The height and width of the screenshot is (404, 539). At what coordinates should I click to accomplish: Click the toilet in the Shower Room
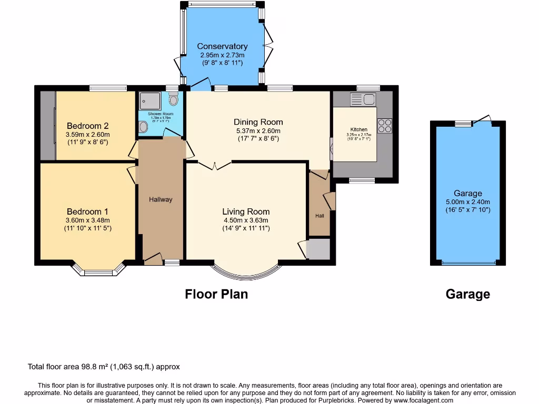point(174,99)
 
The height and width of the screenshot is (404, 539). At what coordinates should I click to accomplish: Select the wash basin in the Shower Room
point(143,126)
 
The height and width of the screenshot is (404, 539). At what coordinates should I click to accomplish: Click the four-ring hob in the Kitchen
point(384,126)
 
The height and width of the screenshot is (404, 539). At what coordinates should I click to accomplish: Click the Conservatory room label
point(222,46)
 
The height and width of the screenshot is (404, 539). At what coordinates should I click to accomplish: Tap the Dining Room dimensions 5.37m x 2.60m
point(258,131)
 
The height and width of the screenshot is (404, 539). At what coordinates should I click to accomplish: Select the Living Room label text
point(246,212)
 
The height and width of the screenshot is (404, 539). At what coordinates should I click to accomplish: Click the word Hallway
point(161,199)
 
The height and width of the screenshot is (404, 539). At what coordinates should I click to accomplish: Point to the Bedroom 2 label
point(87,126)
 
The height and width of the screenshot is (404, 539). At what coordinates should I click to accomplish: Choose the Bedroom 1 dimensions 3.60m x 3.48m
point(87,220)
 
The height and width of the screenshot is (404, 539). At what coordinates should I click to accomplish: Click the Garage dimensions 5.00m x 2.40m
point(468,202)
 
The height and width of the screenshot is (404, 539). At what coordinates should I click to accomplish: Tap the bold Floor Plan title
point(216,294)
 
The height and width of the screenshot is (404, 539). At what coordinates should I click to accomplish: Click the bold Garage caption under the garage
point(467,295)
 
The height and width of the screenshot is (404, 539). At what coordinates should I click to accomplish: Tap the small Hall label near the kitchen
point(320,216)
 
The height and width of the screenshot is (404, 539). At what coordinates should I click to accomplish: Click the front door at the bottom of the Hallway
point(153,258)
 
